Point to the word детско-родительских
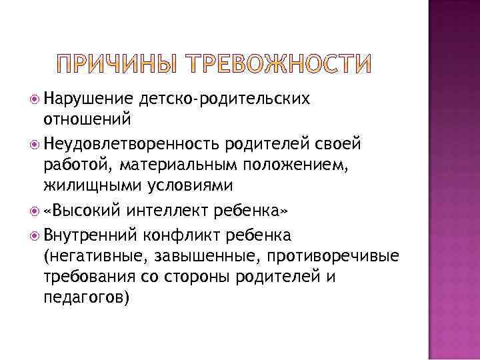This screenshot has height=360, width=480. (225, 99)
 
